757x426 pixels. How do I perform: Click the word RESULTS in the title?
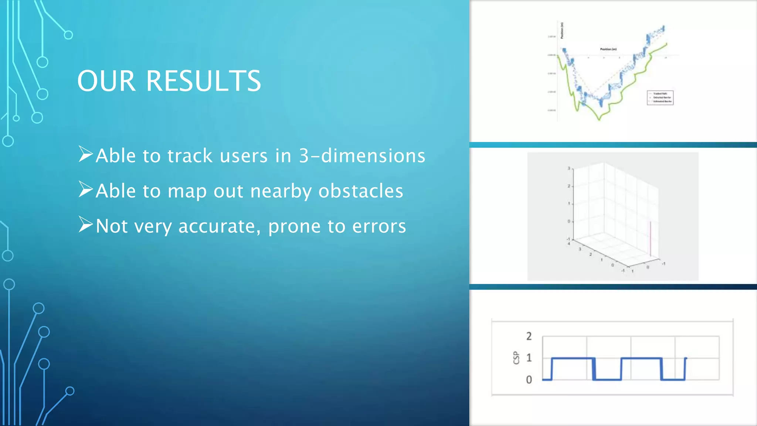click(204, 81)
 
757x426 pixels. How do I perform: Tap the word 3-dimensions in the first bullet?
click(362, 156)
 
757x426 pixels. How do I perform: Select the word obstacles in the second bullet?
click(361, 191)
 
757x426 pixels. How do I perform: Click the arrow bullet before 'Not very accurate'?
click(85, 224)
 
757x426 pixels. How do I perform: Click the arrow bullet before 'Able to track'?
click(85, 154)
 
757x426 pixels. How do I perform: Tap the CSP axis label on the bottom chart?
click(516, 358)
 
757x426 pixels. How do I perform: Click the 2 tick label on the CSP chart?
click(529, 336)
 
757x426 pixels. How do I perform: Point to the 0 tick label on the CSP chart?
click(529, 380)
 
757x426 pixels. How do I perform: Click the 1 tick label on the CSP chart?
click(529, 358)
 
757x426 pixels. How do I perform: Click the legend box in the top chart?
click(660, 98)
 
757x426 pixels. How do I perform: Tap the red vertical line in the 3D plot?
click(651, 239)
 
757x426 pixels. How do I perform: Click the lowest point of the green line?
click(599, 120)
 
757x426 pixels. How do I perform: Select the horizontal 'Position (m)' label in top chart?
click(608, 49)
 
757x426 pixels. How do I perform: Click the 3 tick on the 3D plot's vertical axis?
click(569, 169)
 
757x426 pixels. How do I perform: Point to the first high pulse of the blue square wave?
click(573, 358)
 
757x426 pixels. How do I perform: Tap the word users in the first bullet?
click(244, 156)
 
